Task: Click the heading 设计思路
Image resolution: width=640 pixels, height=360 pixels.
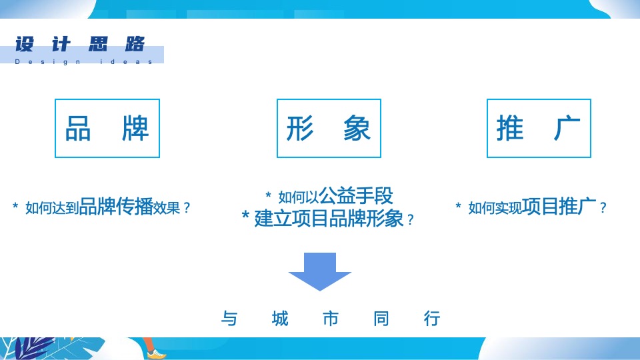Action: (x=80, y=45)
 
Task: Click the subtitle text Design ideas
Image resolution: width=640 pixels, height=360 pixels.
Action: (x=84, y=62)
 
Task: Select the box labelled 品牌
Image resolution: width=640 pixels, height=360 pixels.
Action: (x=107, y=128)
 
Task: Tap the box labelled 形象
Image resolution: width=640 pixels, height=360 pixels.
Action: (x=329, y=128)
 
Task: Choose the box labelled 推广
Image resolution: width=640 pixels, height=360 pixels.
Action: (x=539, y=128)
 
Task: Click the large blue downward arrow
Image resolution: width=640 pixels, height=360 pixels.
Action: (x=320, y=271)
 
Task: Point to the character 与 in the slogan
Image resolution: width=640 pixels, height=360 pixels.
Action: (x=229, y=319)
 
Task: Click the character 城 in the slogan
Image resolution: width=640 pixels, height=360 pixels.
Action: (x=281, y=319)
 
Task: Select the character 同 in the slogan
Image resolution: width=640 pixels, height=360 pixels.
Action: (x=381, y=319)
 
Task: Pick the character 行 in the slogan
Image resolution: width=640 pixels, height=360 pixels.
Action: (x=432, y=319)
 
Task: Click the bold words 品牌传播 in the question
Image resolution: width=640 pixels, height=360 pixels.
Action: (x=116, y=207)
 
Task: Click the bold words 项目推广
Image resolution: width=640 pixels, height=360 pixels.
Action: (x=559, y=207)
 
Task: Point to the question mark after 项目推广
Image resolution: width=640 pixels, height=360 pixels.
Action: (x=603, y=208)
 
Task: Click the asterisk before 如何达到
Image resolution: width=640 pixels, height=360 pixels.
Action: (x=15, y=207)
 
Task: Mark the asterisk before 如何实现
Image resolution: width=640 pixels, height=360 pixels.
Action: (x=458, y=207)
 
